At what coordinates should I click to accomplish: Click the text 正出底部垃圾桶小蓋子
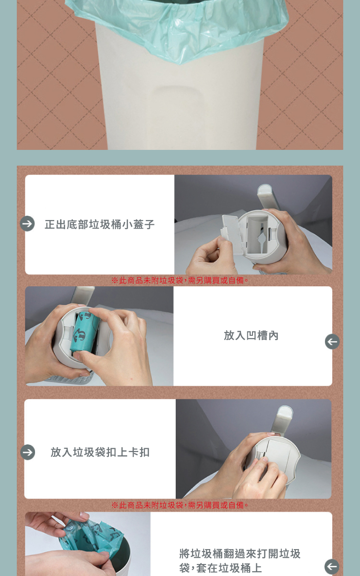[x=99, y=224]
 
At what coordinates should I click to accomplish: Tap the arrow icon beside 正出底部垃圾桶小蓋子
[x=27, y=223]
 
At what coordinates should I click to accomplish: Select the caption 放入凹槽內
[x=251, y=335]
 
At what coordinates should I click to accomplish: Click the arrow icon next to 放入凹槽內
[x=332, y=342]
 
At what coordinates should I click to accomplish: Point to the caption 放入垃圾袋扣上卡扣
[x=100, y=452]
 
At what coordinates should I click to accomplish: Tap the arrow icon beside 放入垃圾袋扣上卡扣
[x=27, y=452]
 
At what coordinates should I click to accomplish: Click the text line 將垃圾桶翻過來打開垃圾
[x=240, y=553]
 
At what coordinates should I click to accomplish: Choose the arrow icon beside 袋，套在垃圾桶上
[x=332, y=566]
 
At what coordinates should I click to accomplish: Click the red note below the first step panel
[x=180, y=281]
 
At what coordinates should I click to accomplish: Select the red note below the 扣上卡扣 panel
[x=180, y=505]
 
